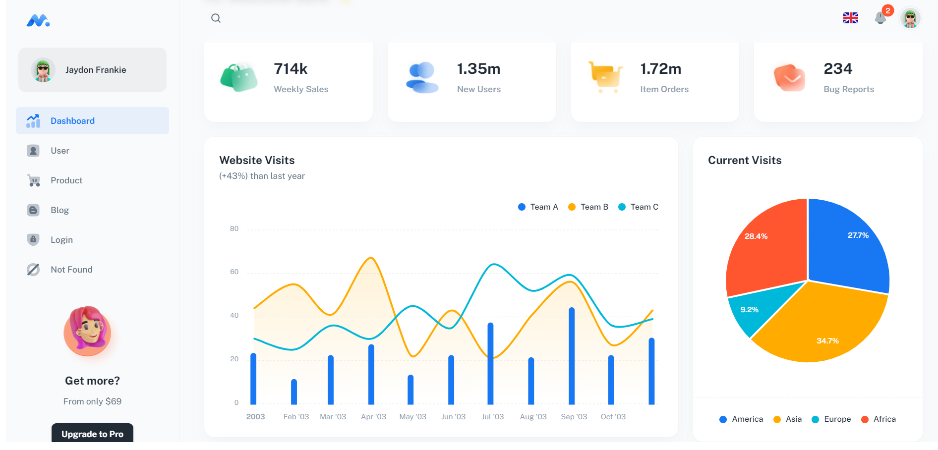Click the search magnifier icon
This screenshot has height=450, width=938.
click(216, 18)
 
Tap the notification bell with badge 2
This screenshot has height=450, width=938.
click(880, 18)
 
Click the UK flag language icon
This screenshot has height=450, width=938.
click(850, 18)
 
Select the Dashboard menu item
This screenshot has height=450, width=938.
click(72, 121)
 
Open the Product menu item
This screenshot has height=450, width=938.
click(66, 180)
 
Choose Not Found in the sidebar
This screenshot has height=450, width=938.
click(71, 270)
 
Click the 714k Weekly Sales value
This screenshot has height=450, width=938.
click(291, 69)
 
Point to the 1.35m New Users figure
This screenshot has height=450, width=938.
click(478, 69)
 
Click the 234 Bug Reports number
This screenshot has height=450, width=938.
click(838, 69)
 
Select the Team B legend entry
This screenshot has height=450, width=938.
click(588, 207)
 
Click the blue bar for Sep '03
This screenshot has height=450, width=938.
click(572, 357)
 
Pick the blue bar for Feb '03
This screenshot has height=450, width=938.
click(294, 392)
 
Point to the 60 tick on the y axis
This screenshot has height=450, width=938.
click(234, 272)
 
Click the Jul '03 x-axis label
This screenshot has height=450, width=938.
click(492, 417)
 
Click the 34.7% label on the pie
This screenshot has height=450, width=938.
click(827, 341)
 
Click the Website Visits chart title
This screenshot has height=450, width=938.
click(257, 161)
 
